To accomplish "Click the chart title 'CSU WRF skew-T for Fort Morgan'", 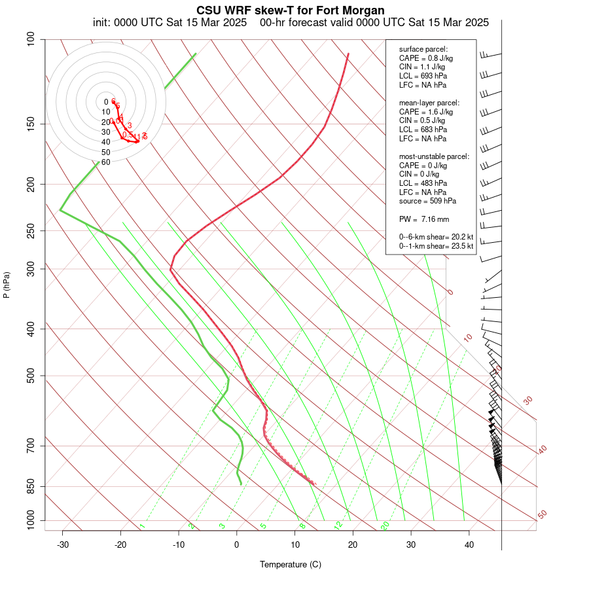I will pyautogui.click(x=291, y=10).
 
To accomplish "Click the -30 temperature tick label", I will pyautogui.click(x=62, y=544).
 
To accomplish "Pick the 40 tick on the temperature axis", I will pyautogui.click(x=469, y=544).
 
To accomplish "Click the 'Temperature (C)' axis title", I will pyautogui.click(x=291, y=564).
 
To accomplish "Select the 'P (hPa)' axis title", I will pyautogui.click(x=7, y=285).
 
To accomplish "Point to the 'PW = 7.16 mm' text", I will pyautogui.click(x=423, y=218).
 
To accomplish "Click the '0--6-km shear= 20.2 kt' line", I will pyautogui.click(x=436, y=237).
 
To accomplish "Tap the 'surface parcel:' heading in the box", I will pyautogui.click(x=423, y=49).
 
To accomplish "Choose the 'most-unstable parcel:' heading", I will pyautogui.click(x=434, y=156).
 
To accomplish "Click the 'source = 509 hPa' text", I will pyautogui.click(x=428, y=201).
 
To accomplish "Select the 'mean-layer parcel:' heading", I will pyautogui.click(x=429, y=103).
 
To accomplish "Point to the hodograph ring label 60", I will pyautogui.click(x=106, y=162).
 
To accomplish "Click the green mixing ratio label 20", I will pyautogui.click(x=385, y=525).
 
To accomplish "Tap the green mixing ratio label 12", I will pyautogui.click(x=338, y=525).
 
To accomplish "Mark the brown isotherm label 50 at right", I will pyautogui.click(x=542, y=515).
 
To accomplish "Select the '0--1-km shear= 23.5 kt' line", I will pyautogui.click(x=436, y=246).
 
